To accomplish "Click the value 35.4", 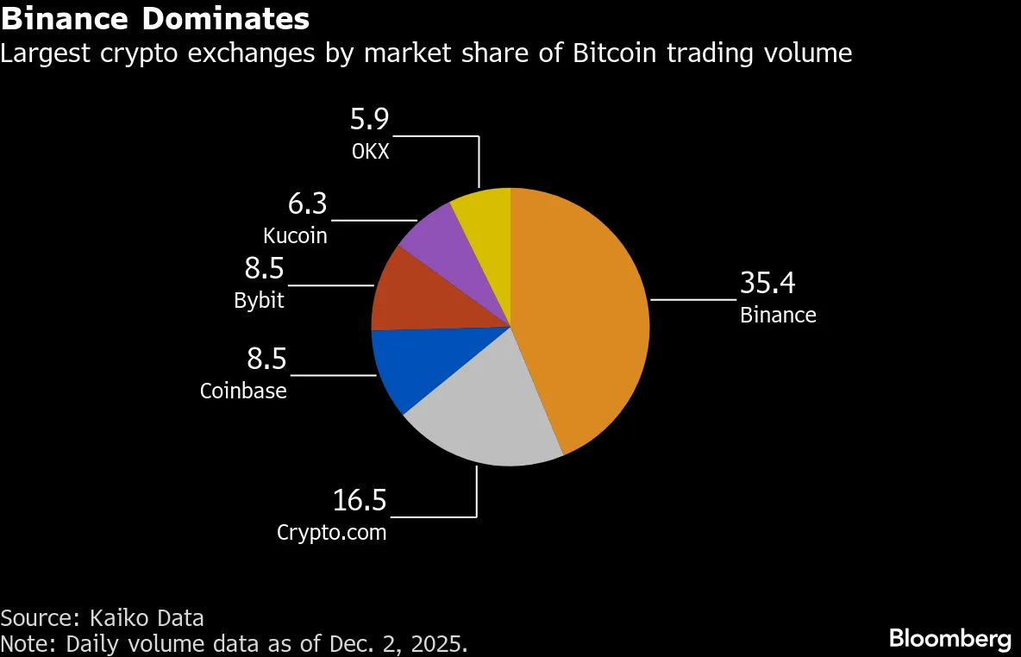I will (767, 284).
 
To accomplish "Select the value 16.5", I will (360, 500).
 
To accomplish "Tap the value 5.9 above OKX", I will (370, 118).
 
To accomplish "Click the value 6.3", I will (307, 204).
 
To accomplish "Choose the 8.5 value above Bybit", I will (264, 269).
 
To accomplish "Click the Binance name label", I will (778, 315).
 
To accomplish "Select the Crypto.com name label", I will (331, 532).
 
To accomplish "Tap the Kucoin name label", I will (295, 235).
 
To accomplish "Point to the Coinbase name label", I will (243, 391).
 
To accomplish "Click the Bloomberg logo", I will (949, 639).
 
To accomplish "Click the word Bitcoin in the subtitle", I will (613, 53).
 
